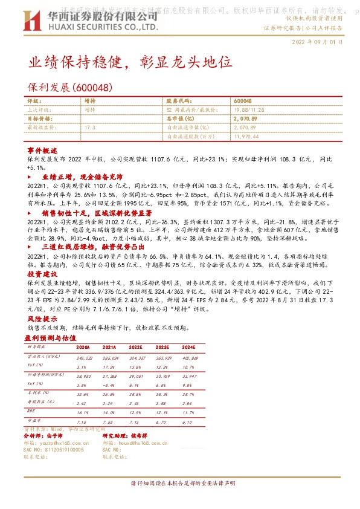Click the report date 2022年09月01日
(x=317, y=42)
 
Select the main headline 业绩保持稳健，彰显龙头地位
(x=130, y=62)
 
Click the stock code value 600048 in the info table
(x=242, y=100)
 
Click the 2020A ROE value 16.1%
(x=83, y=412)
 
